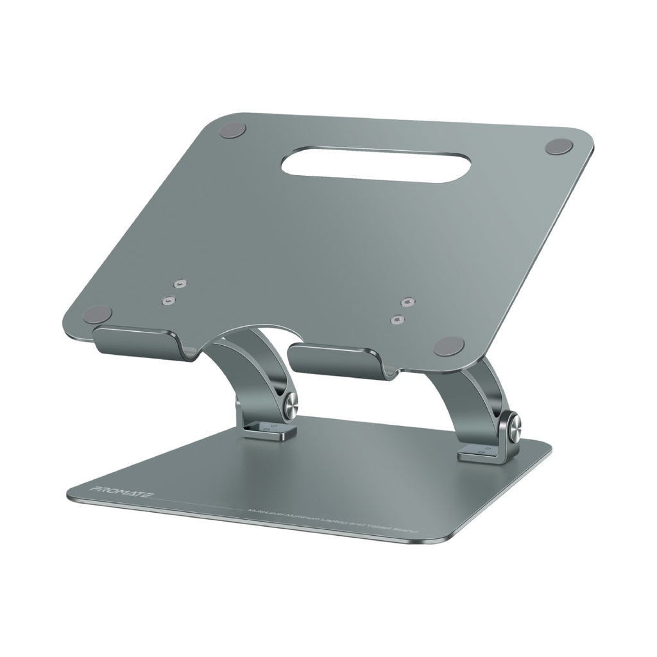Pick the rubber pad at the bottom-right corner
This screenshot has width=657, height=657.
[x=448, y=346]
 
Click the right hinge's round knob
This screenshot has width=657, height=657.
[x=514, y=429]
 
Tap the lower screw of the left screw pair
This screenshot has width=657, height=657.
[x=168, y=300]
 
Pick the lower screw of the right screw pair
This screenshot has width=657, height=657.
[x=398, y=318]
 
